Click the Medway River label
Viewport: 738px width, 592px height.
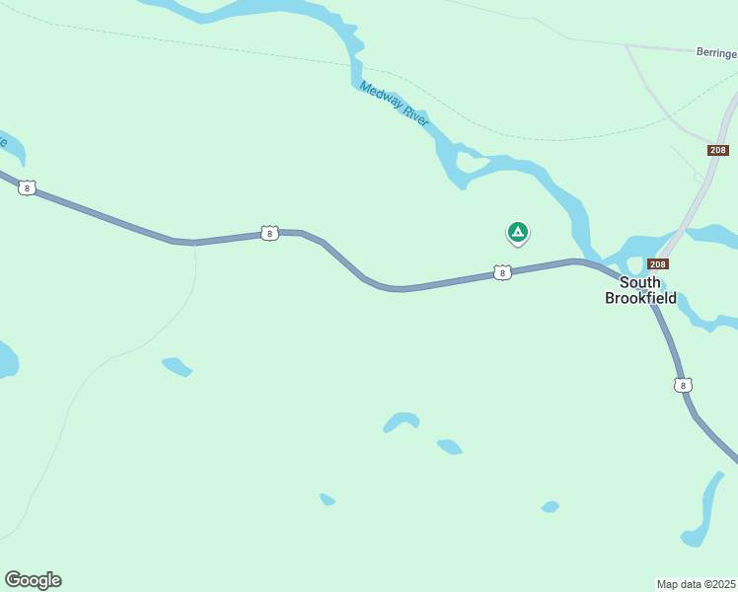[x=395, y=103]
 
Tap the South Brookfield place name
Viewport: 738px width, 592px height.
[x=640, y=290]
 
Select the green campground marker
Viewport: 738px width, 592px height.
[x=517, y=232]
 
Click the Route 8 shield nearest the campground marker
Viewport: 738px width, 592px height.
[x=502, y=272]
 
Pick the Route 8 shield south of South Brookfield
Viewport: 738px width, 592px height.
[x=684, y=385]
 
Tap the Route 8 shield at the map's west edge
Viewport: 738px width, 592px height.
[x=28, y=187]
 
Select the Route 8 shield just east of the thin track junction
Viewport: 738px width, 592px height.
[x=269, y=233]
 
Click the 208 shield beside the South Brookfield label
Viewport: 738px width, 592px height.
[x=658, y=264]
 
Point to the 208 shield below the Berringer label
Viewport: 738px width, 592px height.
[x=717, y=150]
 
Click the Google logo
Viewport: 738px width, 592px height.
[x=33, y=580]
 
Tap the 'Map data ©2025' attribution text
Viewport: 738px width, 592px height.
[x=697, y=584]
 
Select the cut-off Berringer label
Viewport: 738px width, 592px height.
[x=716, y=53]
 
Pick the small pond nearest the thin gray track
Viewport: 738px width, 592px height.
[x=177, y=366]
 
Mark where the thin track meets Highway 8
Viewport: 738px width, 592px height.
[x=194, y=243]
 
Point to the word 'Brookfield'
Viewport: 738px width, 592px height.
[x=640, y=297]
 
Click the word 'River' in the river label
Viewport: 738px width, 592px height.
[x=415, y=116]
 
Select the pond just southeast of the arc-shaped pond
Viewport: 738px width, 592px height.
[x=449, y=447]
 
